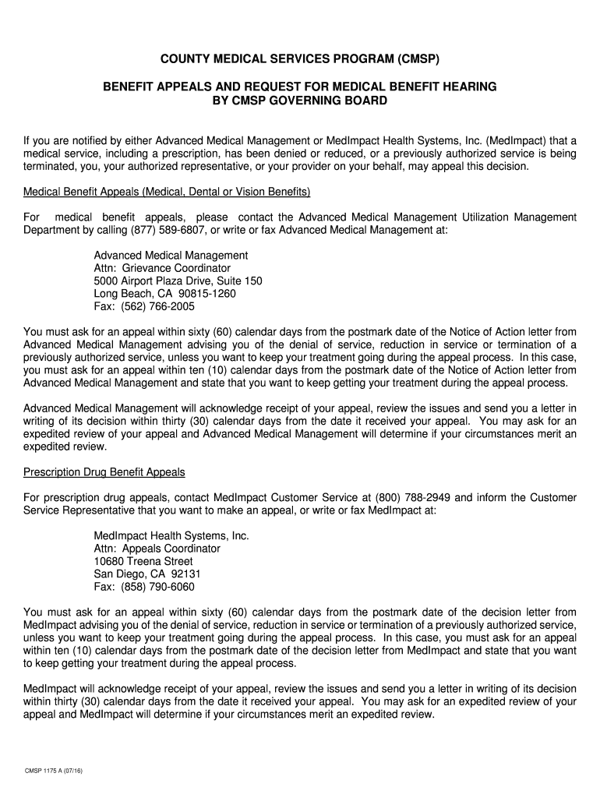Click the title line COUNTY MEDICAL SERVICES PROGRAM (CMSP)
(x=300, y=59)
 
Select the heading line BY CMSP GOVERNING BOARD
(x=300, y=101)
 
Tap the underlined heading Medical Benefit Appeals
(x=168, y=192)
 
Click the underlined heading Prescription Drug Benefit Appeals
(x=104, y=472)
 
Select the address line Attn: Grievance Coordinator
(x=162, y=268)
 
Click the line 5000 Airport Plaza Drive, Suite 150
(x=178, y=281)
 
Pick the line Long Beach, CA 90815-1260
(x=164, y=294)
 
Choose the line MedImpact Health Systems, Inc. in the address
(x=171, y=535)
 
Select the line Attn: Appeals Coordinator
(x=157, y=549)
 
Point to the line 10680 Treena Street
(x=143, y=561)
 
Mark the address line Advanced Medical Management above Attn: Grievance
(x=171, y=255)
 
